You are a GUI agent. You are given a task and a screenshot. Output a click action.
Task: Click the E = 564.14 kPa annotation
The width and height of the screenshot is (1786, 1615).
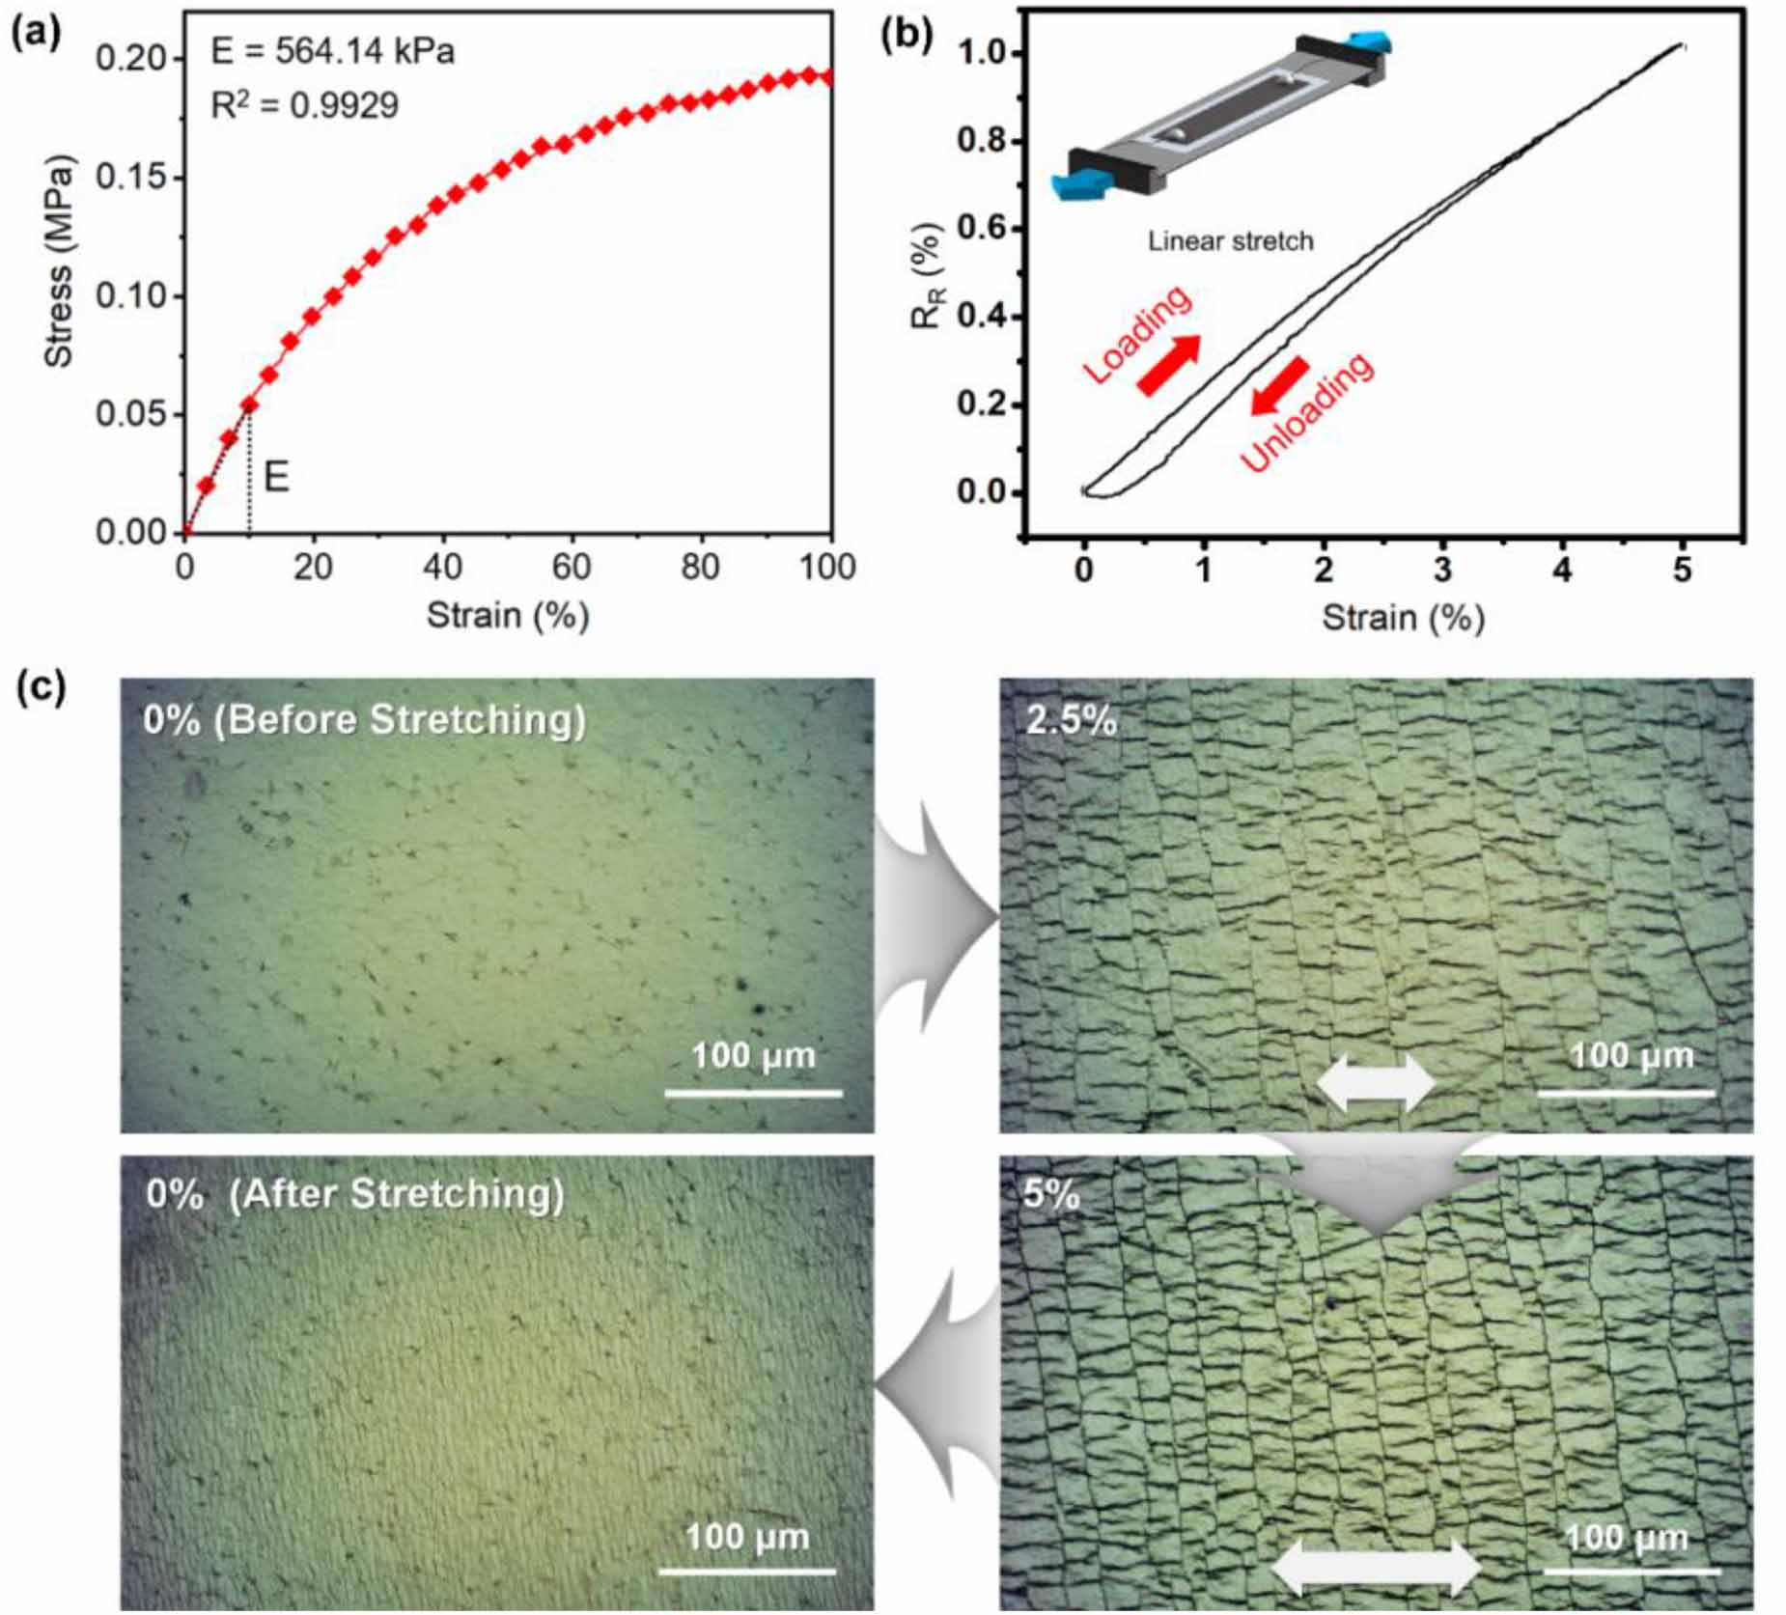pyautogui.click(x=332, y=52)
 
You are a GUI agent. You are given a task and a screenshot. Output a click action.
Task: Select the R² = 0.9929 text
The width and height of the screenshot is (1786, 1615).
pyautogui.click(x=304, y=105)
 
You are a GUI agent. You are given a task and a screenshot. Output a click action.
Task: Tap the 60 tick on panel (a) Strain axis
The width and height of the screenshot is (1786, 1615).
pyautogui.click(x=571, y=566)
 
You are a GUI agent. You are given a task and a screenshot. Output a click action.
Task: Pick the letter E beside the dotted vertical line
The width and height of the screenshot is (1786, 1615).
pyautogui.click(x=276, y=477)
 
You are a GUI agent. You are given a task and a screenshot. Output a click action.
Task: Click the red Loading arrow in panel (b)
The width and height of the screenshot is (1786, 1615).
pyautogui.click(x=1169, y=365)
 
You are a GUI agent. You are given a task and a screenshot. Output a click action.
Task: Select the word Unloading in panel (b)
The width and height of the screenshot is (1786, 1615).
pyautogui.click(x=1307, y=411)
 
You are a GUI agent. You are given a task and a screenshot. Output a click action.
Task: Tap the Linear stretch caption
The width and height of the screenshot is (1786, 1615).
pyautogui.click(x=1230, y=240)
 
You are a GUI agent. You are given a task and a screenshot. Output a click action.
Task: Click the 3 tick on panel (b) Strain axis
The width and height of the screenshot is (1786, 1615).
pyautogui.click(x=1442, y=570)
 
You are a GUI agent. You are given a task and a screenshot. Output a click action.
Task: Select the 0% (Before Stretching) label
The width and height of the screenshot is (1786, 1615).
pyautogui.click(x=365, y=720)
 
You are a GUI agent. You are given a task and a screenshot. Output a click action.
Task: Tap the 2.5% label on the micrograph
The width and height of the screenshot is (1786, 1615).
pyautogui.click(x=1071, y=720)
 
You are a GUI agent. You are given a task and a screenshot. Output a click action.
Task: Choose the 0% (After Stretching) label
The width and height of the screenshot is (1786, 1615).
pyautogui.click(x=355, y=1194)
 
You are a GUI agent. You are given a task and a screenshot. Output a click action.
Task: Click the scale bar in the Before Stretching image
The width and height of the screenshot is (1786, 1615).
pyautogui.click(x=753, y=1093)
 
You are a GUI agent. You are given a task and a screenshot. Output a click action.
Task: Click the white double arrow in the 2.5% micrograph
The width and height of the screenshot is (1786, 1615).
pyautogui.click(x=1376, y=1082)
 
